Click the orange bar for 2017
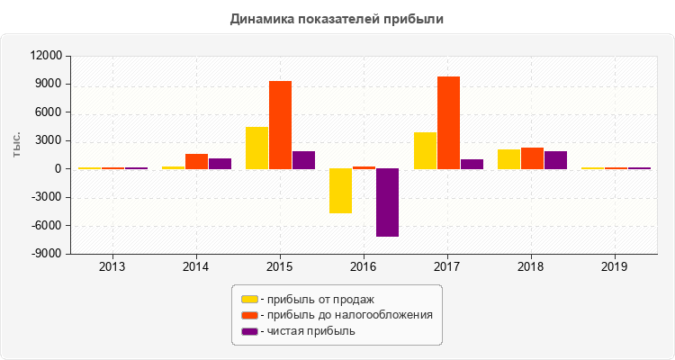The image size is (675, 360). [x=448, y=122]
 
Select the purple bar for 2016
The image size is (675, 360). [x=387, y=202]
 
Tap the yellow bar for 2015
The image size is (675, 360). [x=256, y=148]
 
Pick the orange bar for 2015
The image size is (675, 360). [x=280, y=125]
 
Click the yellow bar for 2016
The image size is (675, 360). [x=340, y=191]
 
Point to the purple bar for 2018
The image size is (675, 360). [x=555, y=160]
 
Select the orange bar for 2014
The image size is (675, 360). [x=196, y=161]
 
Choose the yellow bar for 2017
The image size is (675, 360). [x=425, y=150]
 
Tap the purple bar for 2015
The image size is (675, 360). [x=303, y=160]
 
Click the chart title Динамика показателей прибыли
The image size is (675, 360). [x=337, y=18]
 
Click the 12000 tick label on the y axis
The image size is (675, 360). [x=45, y=57]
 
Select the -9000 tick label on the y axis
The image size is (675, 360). [x=47, y=254]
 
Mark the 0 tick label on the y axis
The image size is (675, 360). [x=57, y=169]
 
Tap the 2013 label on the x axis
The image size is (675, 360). [x=112, y=267]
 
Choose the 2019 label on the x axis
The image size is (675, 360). [x=616, y=267]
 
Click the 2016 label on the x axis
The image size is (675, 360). [x=364, y=267]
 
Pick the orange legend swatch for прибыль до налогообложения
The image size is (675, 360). [x=248, y=315]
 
